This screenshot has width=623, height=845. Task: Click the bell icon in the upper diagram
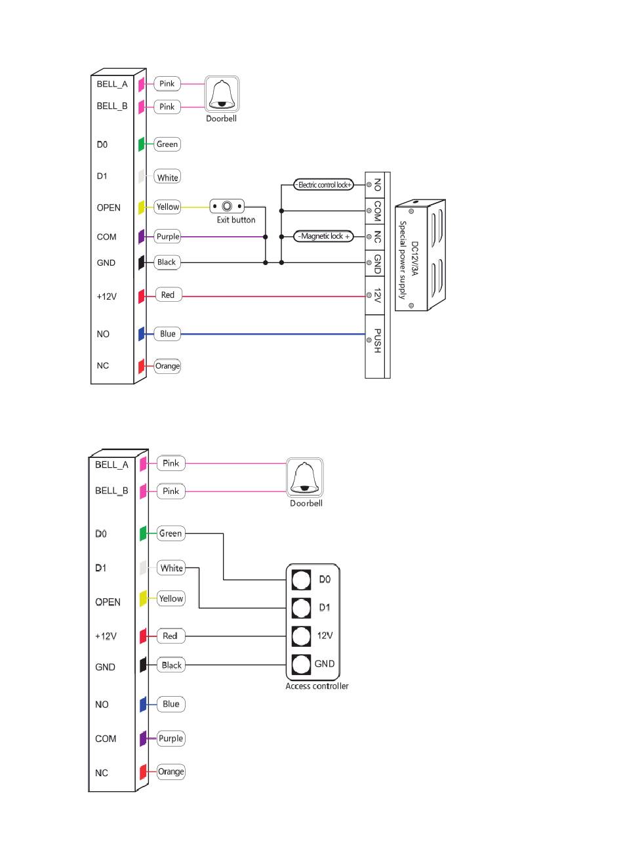click(x=222, y=94)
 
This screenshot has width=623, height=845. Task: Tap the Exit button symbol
click(x=227, y=207)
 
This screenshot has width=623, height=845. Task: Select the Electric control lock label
click(x=323, y=185)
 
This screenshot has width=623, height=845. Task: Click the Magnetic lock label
click(x=323, y=237)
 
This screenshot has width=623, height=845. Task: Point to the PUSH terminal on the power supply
click(x=376, y=340)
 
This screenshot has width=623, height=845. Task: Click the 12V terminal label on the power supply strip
click(x=376, y=295)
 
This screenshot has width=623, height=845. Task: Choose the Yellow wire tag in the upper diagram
click(x=167, y=207)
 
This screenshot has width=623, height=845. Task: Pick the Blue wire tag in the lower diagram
click(x=171, y=704)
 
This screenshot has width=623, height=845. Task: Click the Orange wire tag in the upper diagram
click(x=167, y=366)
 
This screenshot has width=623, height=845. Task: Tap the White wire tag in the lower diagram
click(x=171, y=568)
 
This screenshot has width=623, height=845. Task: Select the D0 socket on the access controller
click(x=301, y=579)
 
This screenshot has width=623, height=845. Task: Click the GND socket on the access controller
click(x=301, y=664)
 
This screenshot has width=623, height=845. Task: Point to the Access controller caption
click(x=317, y=686)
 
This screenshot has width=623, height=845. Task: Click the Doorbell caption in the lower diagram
click(x=306, y=503)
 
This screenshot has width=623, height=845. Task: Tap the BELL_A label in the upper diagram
click(x=112, y=84)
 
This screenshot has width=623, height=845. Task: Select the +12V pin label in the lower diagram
click(x=106, y=636)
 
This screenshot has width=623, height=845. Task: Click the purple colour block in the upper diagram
click(x=142, y=237)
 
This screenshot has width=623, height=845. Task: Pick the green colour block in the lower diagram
click(x=143, y=533)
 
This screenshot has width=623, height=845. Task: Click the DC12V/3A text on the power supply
click(x=415, y=258)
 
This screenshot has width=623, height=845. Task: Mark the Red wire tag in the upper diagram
click(x=168, y=295)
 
